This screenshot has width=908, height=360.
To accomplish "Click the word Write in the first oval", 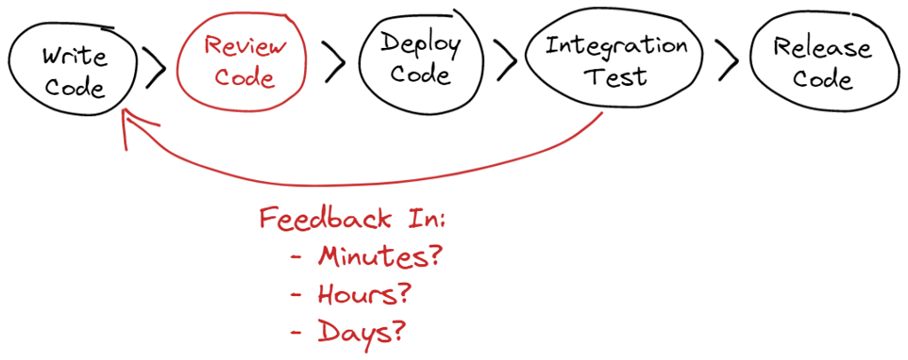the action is point(75,59).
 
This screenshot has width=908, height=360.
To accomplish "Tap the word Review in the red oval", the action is point(245,46).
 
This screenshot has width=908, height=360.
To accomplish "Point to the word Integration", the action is point(615,47).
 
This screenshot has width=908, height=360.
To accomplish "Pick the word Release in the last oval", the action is point(822,49).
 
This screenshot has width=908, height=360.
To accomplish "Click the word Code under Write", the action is point(75,88).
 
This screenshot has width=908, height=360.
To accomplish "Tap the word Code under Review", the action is point(245,77).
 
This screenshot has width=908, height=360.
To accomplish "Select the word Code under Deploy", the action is point(420,75).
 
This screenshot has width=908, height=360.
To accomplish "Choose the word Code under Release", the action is point(822,78).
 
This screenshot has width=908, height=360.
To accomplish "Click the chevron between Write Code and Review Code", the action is point(154,67).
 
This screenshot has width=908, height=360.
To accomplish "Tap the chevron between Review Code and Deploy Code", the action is point(334,61).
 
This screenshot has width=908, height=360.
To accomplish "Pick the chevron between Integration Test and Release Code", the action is point(728,59).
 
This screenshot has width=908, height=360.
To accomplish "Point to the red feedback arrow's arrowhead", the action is point(124,113).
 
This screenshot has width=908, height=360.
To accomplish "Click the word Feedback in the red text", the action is point(325,219).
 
